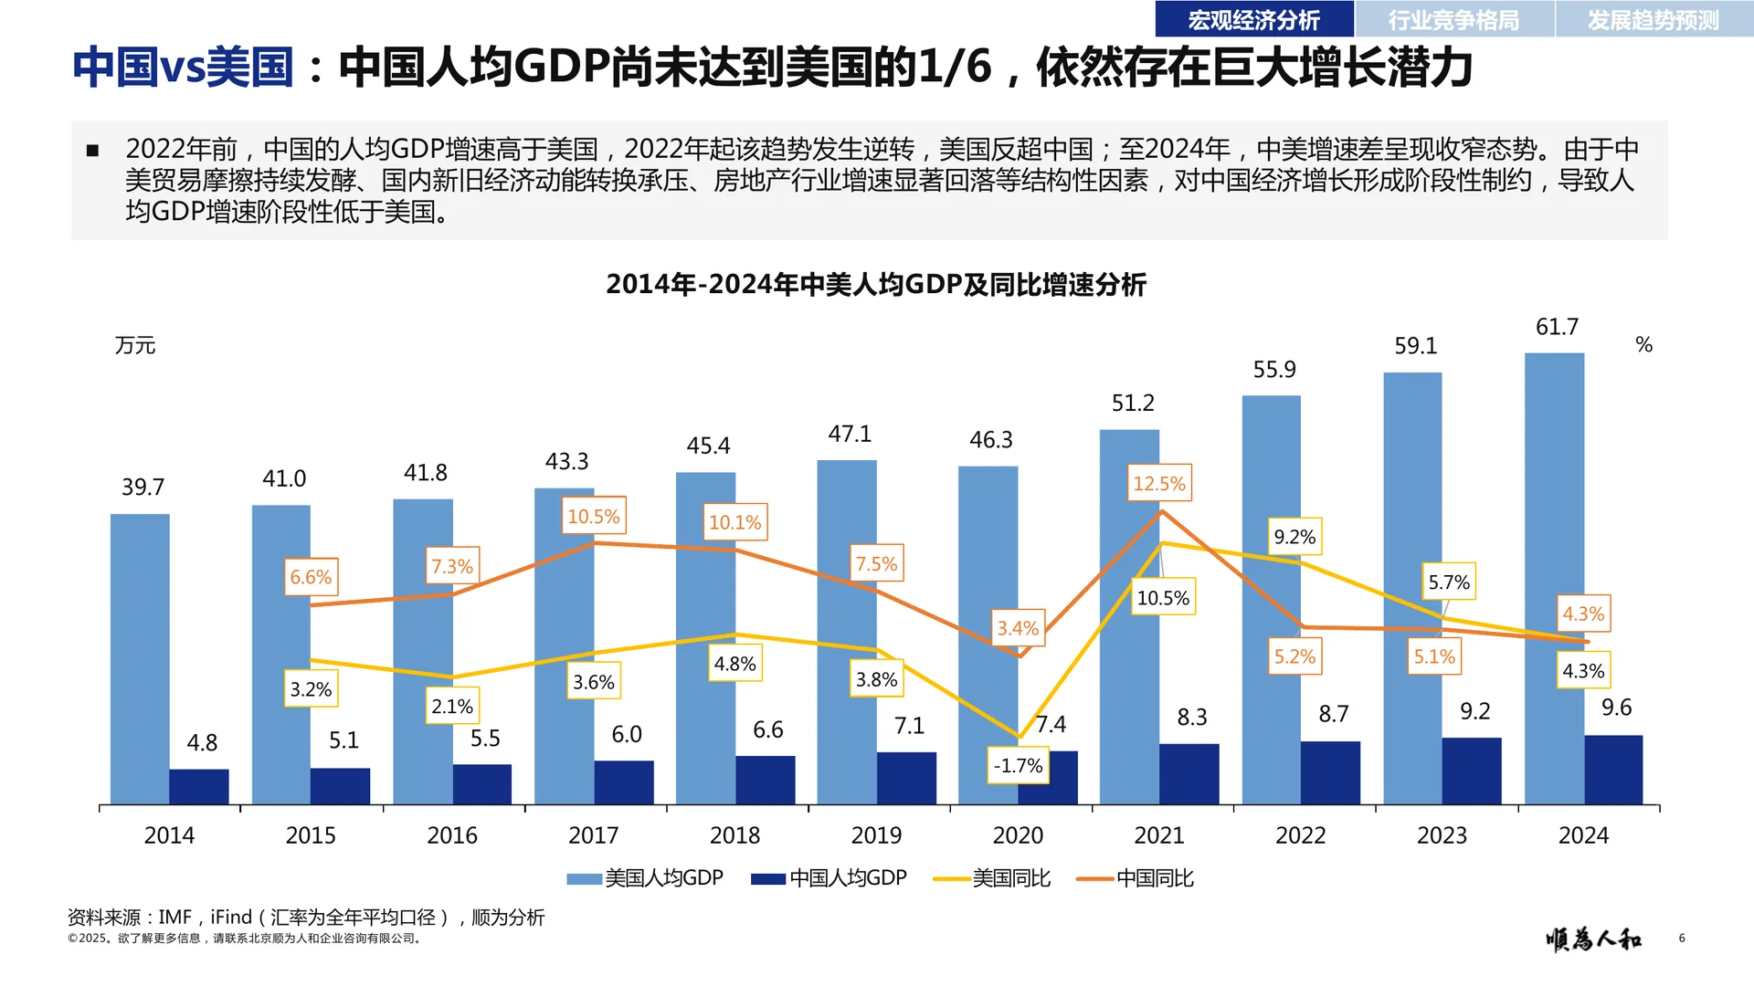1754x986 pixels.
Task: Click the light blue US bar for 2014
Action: [x=140, y=657]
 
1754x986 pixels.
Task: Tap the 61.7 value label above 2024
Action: [x=1557, y=327]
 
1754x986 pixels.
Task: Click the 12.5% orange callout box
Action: [x=1158, y=483]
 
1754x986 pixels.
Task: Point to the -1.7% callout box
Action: [x=1018, y=765]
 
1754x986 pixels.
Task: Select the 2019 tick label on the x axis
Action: [x=876, y=835]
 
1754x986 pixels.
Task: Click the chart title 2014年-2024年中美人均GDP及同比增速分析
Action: [x=875, y=285]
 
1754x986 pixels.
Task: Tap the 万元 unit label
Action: [x=135, y=345]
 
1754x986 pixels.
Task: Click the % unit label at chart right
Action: [x=1643, y=345]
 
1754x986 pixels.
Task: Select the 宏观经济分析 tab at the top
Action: [x=1253, y=19]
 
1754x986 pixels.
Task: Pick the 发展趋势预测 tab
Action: [x=1653, y=19]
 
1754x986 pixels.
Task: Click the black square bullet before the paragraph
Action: [x=92, y=151]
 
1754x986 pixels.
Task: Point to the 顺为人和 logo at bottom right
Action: [x=1593, y=939]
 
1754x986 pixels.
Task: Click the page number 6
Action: [x=1681, y=939]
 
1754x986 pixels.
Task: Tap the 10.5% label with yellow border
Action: [x=1162, y=598]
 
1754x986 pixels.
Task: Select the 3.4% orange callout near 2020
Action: [x=1018, y=628]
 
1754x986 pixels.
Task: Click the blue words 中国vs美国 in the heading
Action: [x=183, y=68]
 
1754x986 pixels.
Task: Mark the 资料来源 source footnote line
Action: [x=306, y=917]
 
